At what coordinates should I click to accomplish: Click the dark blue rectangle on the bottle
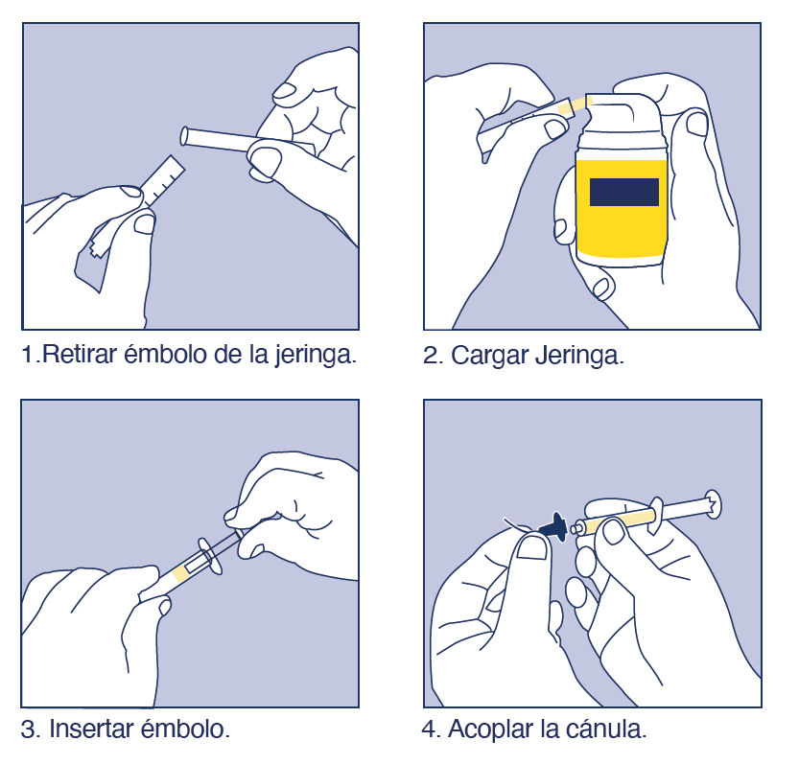(623, 192)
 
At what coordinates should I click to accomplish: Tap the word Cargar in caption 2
(489, 355)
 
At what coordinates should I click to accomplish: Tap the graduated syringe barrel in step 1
(162, 181)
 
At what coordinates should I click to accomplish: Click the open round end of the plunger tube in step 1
(185, 136)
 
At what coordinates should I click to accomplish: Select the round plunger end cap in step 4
(713, 503)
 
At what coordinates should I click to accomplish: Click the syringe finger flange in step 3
(210, 556)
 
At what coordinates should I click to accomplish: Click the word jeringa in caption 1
(314, 355)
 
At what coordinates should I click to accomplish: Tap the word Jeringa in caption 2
(579, 356)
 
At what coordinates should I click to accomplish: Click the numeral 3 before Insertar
(29, 729)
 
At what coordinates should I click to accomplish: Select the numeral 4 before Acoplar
(430, 729)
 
